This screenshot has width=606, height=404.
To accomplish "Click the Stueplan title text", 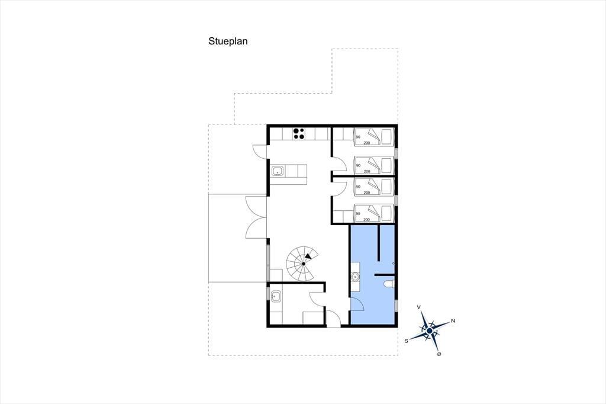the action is tap(228, 41).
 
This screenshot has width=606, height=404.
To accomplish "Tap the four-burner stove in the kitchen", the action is tap(299, 133).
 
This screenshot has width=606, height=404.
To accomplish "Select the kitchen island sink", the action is tap(278, 171).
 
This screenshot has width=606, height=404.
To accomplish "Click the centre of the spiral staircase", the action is tap(304, 264).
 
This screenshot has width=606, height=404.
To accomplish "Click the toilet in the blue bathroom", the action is tap(388, 284).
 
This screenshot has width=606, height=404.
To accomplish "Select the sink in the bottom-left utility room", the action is tap(276, 297).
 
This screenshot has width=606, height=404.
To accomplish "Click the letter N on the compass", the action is tap(453, 321).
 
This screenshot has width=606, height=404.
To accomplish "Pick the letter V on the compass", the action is tap(418, 307).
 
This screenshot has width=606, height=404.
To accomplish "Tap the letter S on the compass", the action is tap(406, 341).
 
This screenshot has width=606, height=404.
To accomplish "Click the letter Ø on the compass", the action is tap(439, 354).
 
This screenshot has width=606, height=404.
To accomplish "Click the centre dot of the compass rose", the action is tap(430, 331).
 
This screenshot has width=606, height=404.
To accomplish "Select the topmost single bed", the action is tap(373, 137).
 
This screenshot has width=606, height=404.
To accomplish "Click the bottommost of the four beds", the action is tap(373, 213).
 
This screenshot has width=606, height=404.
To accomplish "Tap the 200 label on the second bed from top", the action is tap(367, 171).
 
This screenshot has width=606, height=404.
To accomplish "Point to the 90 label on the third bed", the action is tap(358, 187).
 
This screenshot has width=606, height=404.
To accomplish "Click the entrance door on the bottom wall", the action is tap(333, 319).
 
